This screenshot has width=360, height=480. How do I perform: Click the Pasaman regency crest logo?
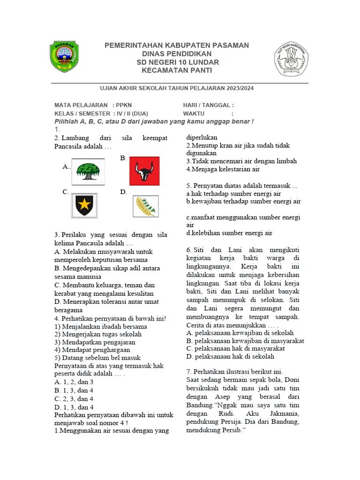pyautogui.click(x=64, y=57)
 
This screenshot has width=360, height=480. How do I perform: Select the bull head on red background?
pyautogui.click(x=144, y=171)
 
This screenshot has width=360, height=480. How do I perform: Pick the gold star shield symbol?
pyautogui.click(x=84, y=205)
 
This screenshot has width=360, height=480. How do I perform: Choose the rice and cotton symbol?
pyautogui.click(x=145, y=205)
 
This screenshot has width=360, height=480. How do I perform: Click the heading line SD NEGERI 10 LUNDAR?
pyautogui.click(x=177, y=62)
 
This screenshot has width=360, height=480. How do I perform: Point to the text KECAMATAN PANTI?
pyautogui.click(x=177, y=70)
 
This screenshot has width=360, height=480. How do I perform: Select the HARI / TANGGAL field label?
pyautogui.click(x=208, y=105)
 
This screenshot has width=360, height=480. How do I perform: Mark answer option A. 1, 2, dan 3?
pyautogui.click(x=74, y=382)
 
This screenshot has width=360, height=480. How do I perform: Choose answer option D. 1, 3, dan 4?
pyautogui.click(x=74, y=407)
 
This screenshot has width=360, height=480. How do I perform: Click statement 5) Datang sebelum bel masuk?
pyautogui.click(x=97, y=358)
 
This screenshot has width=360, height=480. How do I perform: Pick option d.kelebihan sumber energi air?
pyautogui.click(x=229, y=233)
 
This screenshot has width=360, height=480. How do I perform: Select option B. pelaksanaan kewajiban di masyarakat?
pyautogui.click(x=245, y=341)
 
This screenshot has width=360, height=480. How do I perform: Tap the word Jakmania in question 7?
pyautogui.click(x=284, y=414)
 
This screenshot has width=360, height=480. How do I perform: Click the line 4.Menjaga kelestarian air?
pyautogui.click(x=223, y=169)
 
